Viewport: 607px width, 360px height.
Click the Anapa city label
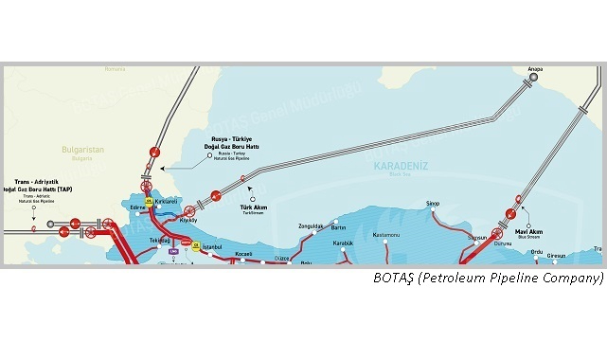coord(534,69)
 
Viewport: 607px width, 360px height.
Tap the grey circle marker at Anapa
coord(534,79)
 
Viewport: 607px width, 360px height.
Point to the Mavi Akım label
coord(527,229)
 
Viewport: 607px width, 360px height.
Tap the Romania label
coord(115,69)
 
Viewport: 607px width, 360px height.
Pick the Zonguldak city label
coord(311,226)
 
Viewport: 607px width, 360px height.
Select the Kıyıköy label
coord(187,220)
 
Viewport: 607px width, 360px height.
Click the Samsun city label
coord(477,237)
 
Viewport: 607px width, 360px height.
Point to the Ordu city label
coord(536,251)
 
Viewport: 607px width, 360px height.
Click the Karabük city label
coord(344,243)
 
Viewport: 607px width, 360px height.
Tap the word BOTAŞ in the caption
coord(393,279)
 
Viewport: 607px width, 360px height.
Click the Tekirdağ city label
coord(159,241)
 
